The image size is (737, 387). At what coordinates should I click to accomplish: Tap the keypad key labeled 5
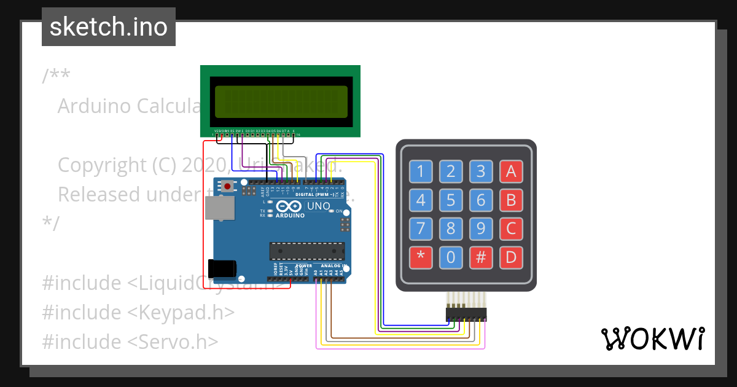coord(451,200)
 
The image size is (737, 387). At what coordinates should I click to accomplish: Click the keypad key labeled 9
coord(481,229)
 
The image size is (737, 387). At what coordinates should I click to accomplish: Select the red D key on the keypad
coord(511,257)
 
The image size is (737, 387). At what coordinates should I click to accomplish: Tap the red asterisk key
coord(421,257)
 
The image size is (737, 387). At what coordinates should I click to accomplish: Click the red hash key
coord(481,257)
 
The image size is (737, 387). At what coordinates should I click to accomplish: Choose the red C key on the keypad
coord(511,229)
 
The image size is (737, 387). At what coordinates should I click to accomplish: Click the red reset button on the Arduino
coord(228,186)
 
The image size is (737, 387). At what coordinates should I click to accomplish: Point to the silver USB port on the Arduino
coord(219,208)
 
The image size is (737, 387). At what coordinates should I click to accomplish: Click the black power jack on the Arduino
coord(222,269)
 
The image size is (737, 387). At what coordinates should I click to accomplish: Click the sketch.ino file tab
coord(109,27)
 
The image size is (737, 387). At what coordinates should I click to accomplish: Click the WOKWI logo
coord(652,338)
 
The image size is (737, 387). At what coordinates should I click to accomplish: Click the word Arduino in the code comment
coord(95,106)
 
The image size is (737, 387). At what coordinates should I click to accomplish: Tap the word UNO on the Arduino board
coord(318,206)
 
